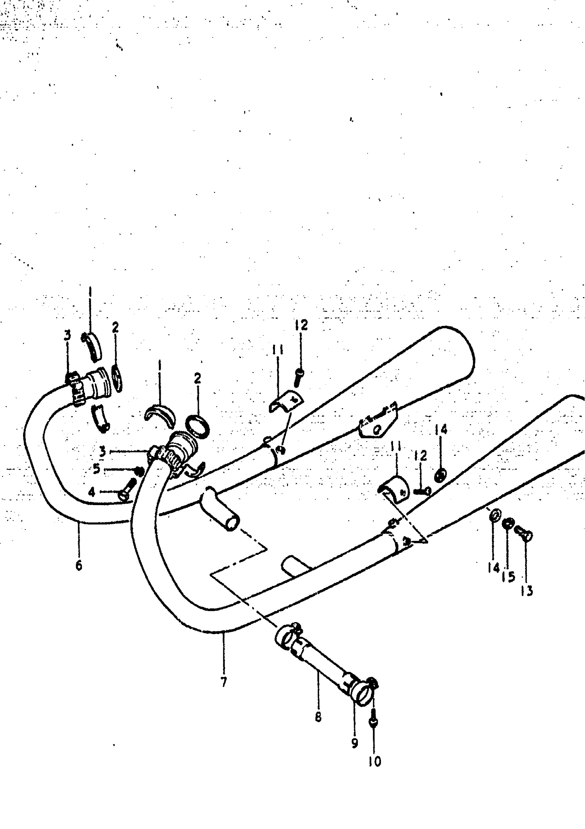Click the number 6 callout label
click(x=79, y=565)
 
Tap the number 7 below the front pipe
click(x=224, y=682)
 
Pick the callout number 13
click(x=527, y=591)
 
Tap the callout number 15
click(x=508, y=577)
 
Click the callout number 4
click(x=92, y=492)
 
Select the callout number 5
click(x=96, y=469)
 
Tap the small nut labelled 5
click(x=139, y=471)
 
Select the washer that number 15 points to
click(x=509, y=522)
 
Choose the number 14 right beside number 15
click(x=493, y=568)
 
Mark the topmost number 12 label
click(x=301, y=325)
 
